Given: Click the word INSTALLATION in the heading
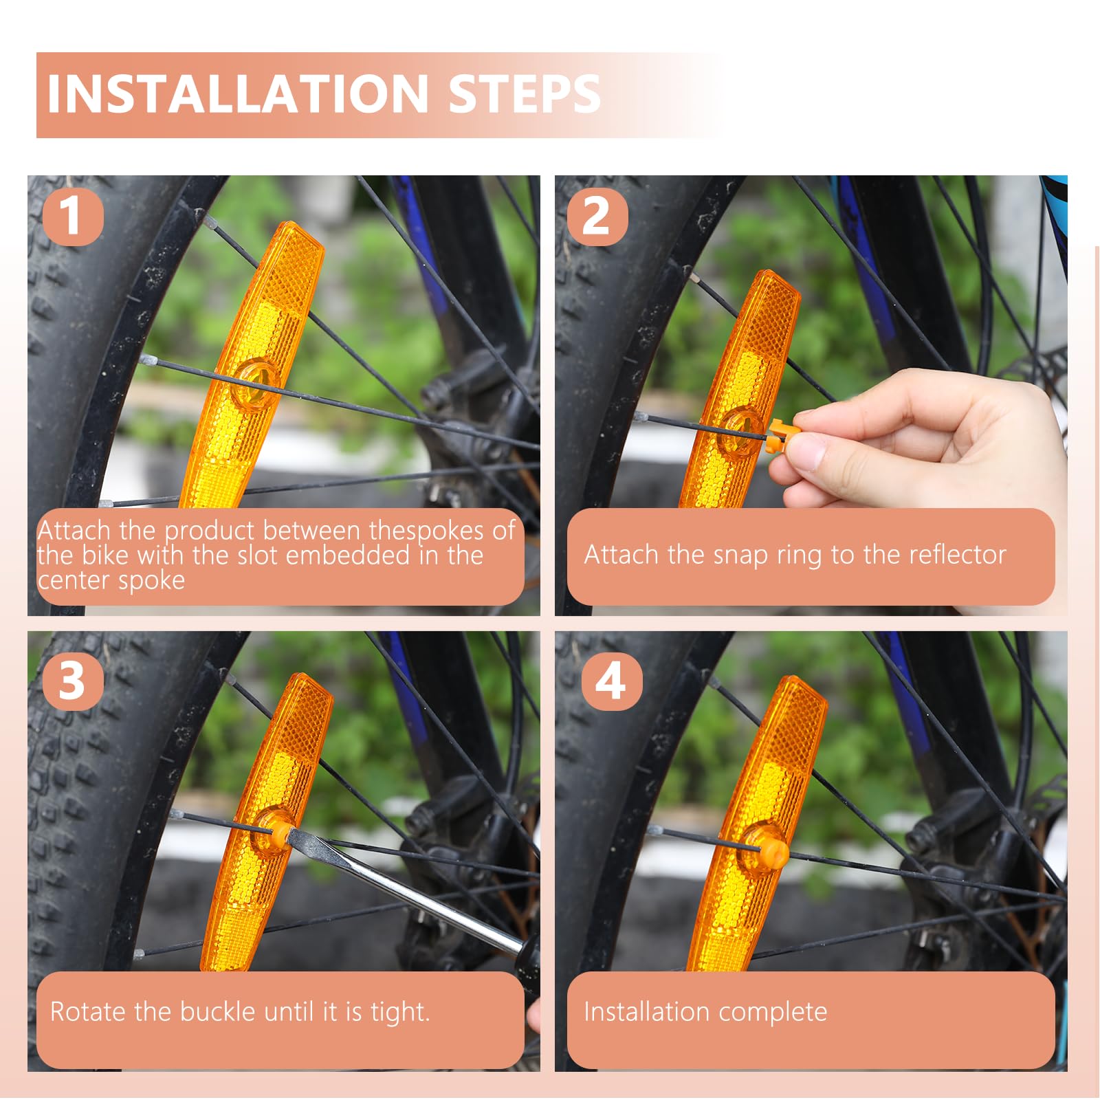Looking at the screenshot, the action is coord(238,93).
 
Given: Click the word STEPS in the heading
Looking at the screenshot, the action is coord(525,93).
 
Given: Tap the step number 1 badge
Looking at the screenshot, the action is coord(72,216).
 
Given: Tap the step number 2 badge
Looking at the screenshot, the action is coord(597,216).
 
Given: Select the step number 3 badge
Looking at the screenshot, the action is coord(72,681).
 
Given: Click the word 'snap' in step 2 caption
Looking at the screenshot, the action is coord(740,555).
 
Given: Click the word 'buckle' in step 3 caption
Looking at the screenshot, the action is coord(217,1011).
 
